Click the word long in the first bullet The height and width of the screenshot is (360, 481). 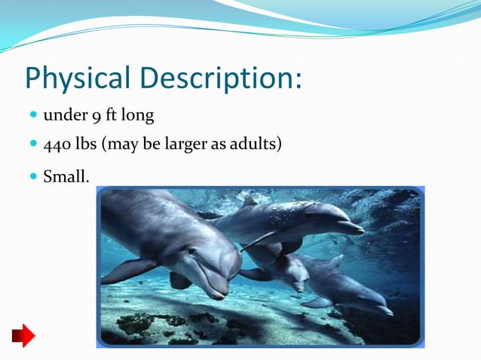click(139, 116)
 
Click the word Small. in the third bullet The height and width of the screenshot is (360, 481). click(66, 178)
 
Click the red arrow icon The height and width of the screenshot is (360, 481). click(23, 334)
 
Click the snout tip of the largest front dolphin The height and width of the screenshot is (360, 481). click(220, 291)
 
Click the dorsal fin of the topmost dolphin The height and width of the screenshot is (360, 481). click(248, 200)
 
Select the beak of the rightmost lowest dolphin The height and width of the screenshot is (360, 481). click(383, 309)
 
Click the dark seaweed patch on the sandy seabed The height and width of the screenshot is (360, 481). click(136, 324)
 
